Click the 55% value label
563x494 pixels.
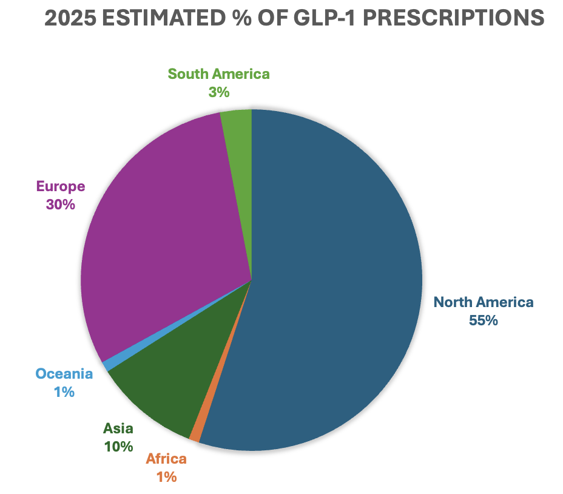(483, 320)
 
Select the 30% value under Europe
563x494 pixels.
(60, 204)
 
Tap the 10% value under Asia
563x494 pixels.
(118, 447)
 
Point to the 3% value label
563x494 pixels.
(218, 92)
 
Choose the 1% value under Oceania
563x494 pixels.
(64, 392)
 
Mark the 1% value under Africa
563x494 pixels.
(166, 477)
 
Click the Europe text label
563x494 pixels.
(60, 186)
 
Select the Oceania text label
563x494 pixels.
(64, 374)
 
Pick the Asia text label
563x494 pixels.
(118, 428)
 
